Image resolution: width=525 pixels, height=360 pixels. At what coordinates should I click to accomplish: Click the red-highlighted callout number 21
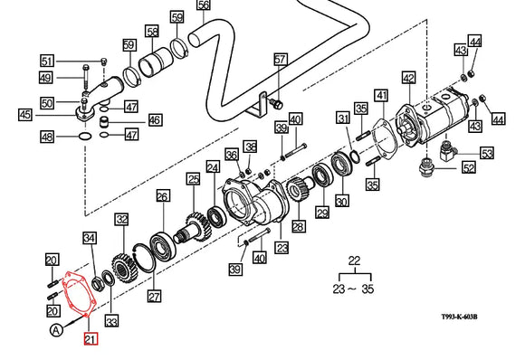click(90, 339)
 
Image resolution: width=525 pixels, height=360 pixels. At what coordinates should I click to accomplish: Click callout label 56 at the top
click(203, 5)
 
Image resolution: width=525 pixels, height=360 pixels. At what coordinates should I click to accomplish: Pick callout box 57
click(280, 60)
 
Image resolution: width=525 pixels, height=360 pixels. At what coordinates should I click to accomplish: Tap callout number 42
click(408, 78)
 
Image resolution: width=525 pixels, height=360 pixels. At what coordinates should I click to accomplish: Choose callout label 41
click(381, 95)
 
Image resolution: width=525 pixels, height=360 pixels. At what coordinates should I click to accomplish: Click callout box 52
click(469, 167)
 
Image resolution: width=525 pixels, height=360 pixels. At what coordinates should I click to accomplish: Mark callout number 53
click(487, 153)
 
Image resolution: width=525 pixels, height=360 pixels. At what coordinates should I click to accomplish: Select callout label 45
click(24, 114)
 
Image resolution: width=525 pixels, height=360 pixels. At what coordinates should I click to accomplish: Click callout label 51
click(47, 61)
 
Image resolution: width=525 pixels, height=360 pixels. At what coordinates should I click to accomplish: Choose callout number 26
click(163, 196)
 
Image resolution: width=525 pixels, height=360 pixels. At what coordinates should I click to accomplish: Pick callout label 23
click(282, 248)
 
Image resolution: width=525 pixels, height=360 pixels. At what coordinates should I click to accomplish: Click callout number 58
click(152, 33)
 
